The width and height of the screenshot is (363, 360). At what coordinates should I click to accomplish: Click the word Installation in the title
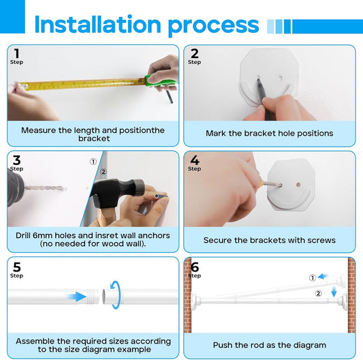(97, 24)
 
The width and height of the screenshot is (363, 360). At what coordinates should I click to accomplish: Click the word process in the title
(213, 26)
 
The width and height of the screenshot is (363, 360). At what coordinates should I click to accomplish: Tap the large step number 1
(16, 53)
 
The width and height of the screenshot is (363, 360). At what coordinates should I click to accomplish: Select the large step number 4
(195, 160)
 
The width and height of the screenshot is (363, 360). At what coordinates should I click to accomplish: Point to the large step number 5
(17, 267)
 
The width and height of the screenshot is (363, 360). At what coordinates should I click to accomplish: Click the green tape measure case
(161, 80)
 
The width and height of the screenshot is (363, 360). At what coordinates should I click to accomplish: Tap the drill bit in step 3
(44, 188)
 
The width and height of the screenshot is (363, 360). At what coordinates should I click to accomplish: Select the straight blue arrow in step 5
(77, 297)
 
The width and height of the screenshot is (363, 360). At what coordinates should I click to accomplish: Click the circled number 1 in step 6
(313, 277)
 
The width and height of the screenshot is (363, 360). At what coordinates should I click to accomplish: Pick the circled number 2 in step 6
(318, 293)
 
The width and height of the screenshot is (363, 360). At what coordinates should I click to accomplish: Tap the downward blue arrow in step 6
(334, 292)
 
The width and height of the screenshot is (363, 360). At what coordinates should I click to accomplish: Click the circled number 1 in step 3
(93, 162)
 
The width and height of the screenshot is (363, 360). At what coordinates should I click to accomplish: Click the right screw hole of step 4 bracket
(298, 185)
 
